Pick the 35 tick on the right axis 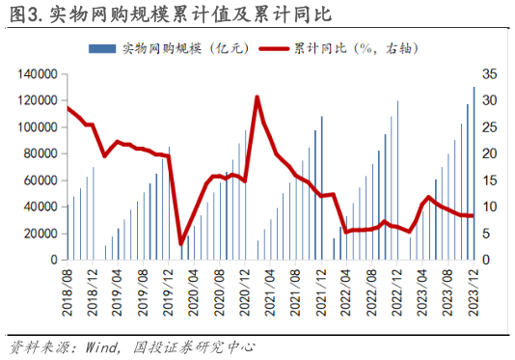click(490, 73)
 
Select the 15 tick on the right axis click(490, 180)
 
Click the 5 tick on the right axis click(487, 234)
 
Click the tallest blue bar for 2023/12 click(474, 174)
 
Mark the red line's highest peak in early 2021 click(257, 97)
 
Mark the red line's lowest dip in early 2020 click(181, 244)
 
